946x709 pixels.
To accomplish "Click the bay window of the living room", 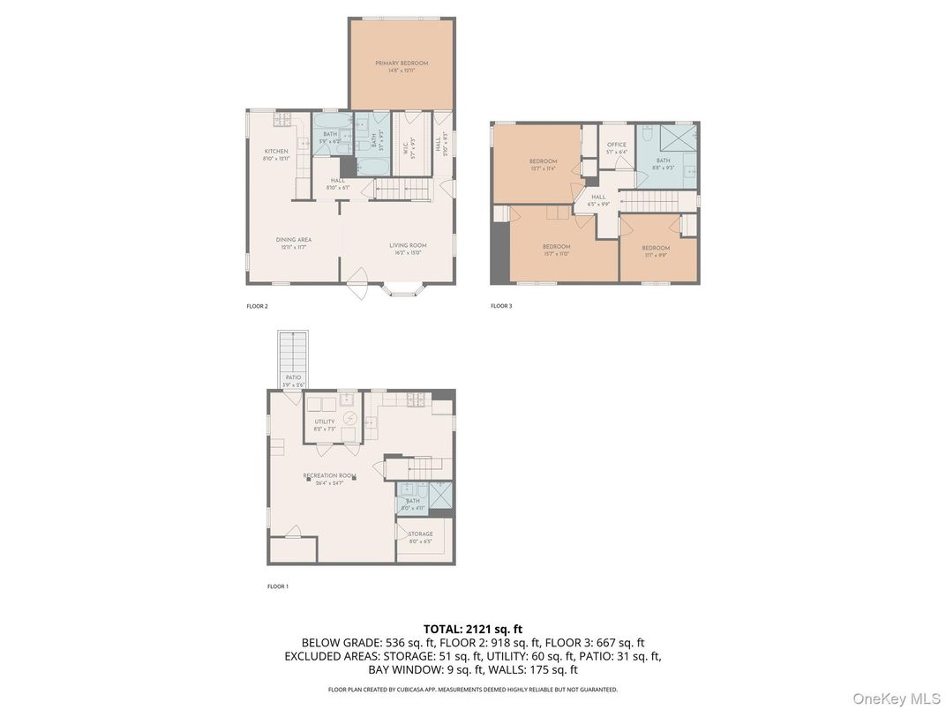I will (405, 288).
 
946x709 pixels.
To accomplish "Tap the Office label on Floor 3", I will (616, 146).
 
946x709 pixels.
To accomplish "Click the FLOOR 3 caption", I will (501, 306).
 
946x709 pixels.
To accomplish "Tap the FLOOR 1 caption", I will (277, 586).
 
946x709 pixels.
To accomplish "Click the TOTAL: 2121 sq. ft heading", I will (472, 629).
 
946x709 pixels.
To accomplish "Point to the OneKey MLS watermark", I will (895, 698).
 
